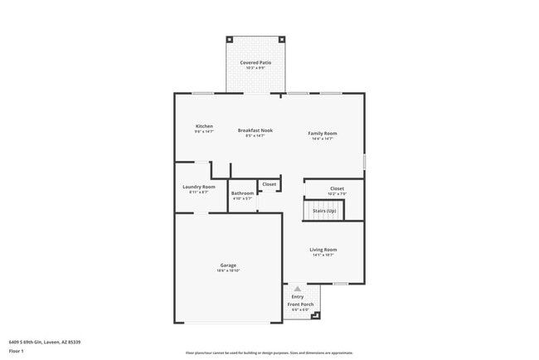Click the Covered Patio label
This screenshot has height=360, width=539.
pos(255,62)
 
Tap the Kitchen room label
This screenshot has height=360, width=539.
pos(204,126)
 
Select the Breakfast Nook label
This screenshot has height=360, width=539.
pos(255,130)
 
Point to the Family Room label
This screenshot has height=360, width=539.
pos(323,133)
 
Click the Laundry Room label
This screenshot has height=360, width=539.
pos(199,187)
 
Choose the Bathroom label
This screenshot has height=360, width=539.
pos(242,193)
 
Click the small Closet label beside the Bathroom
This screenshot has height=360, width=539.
pos(269,184)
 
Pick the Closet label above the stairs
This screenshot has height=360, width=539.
pos(337,188)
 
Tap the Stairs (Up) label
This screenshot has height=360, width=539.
pos(324,211)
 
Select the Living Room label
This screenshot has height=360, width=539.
pos(323,249)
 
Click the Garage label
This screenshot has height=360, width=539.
pos(228,265)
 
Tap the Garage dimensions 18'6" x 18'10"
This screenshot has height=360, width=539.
pos(228,270)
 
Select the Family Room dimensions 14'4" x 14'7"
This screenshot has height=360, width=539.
pos(323,139)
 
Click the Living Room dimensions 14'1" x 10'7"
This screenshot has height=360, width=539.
pos(323,255)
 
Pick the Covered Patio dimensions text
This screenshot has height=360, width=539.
pos(255,68)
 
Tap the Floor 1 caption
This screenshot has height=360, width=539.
pos(17,351)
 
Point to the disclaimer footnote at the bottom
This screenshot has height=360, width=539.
pos(269,352)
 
